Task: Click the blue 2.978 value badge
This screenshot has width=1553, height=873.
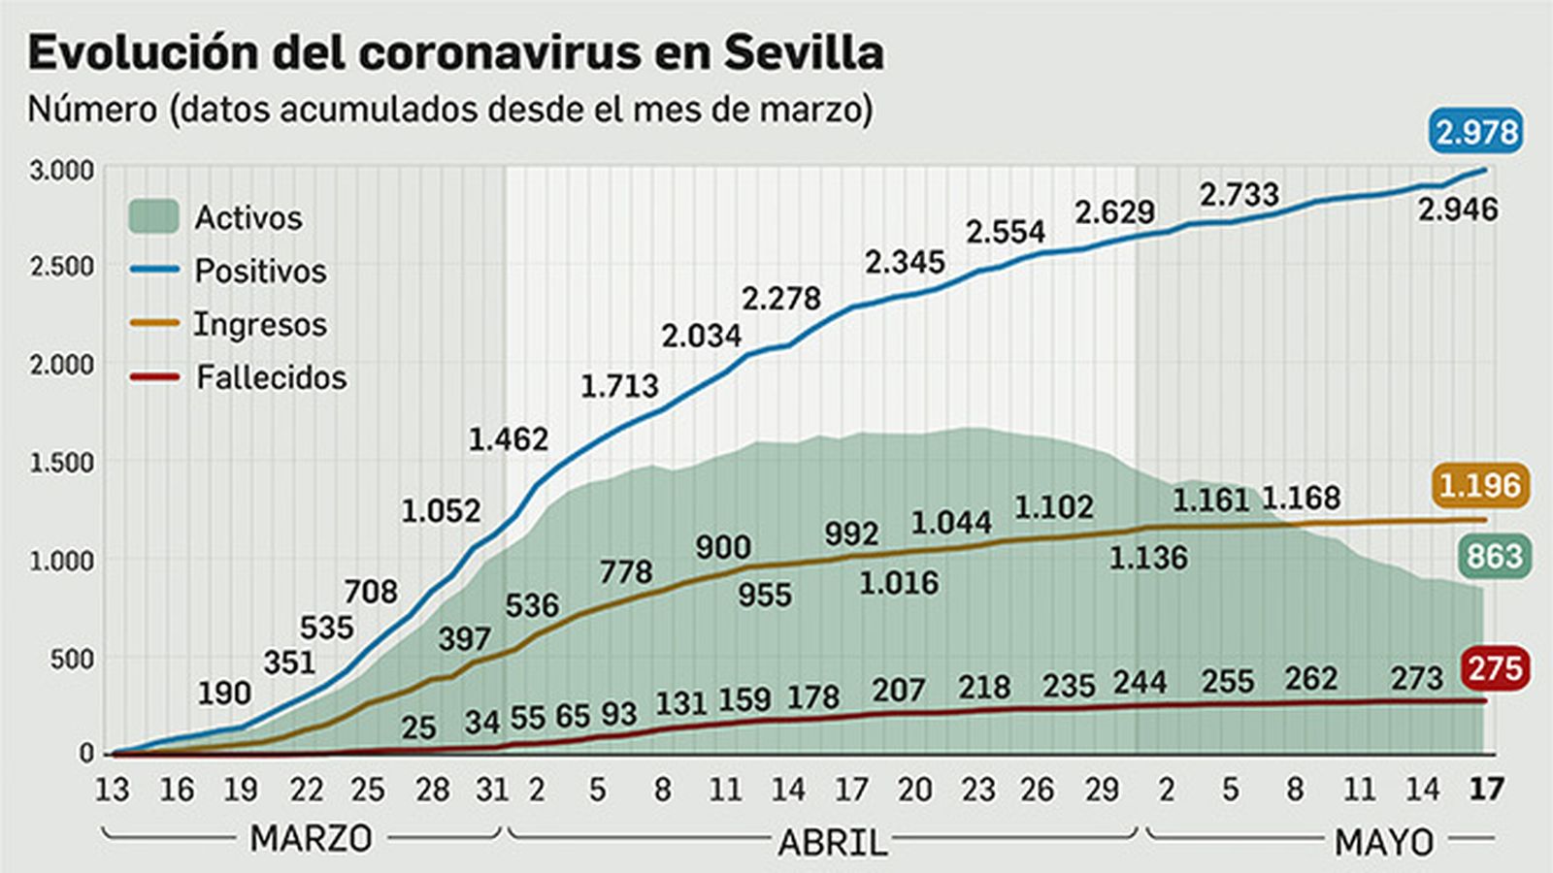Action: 1475,131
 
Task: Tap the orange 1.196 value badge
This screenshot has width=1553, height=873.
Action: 1479,484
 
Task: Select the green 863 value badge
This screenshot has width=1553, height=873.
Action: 1493,556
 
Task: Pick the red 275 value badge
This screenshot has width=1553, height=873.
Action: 1495,668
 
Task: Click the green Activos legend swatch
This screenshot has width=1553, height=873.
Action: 153,216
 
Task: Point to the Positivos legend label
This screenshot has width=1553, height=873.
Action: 260,271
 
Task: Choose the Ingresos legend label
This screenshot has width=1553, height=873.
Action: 259,324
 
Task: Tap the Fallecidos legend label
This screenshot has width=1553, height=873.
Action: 271,377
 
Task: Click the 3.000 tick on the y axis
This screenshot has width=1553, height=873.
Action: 62,171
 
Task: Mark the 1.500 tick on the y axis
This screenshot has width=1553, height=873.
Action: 62,463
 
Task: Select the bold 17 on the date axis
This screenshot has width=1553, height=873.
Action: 1485,790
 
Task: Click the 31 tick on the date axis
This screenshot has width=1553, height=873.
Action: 492,790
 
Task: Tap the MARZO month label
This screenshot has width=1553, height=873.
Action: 311,838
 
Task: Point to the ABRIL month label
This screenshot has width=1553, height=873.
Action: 833,842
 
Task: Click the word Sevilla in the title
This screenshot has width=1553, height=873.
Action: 804,52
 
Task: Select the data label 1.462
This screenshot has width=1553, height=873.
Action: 508,439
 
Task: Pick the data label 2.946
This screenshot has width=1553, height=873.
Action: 1457,209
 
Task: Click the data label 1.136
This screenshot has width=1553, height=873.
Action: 1147,558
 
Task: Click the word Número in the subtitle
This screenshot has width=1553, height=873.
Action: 92,110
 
